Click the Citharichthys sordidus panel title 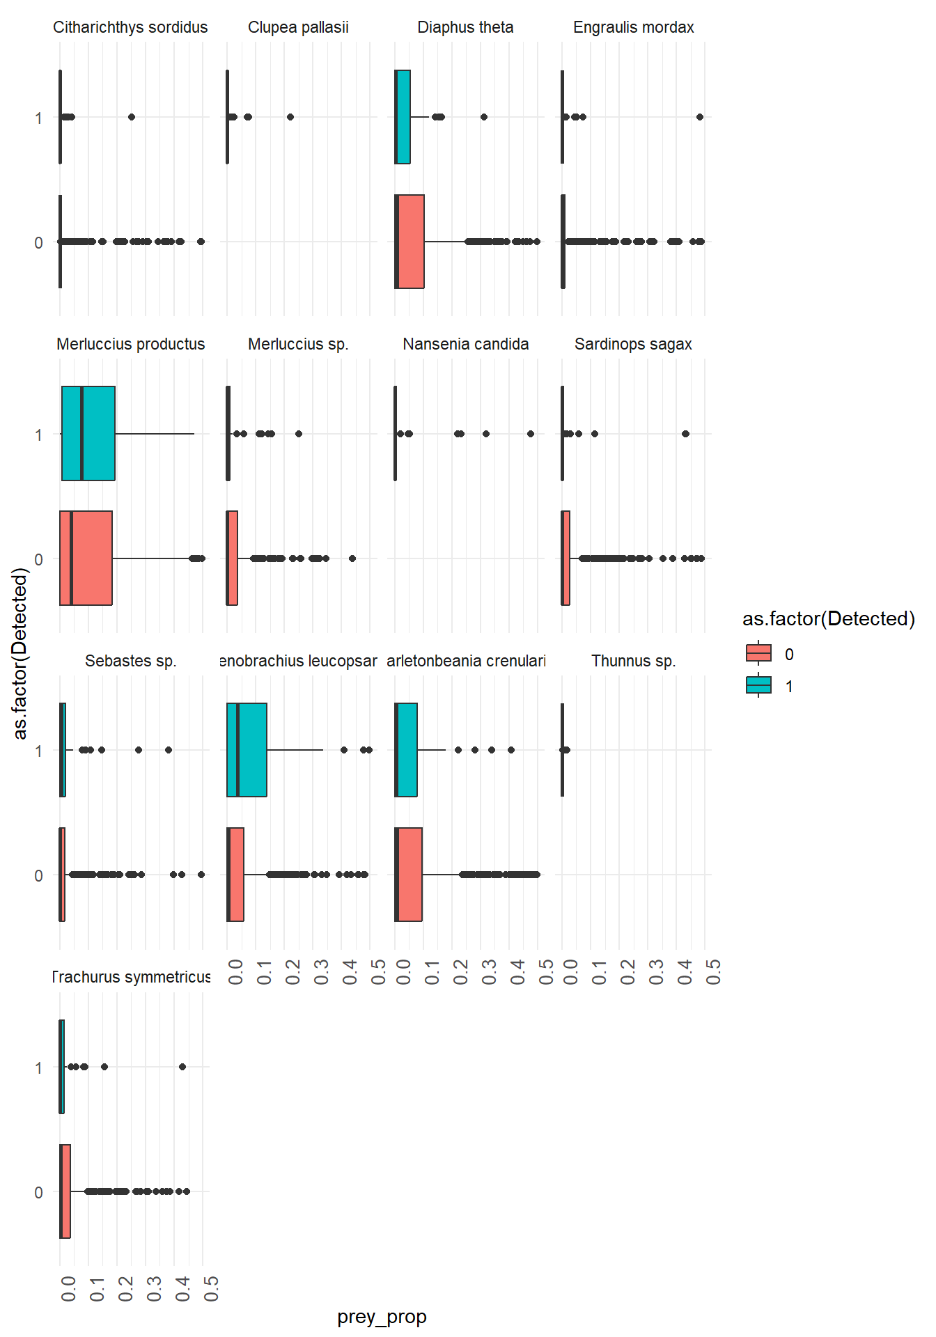(x=130, y=27)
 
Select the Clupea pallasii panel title (x=298, y=27)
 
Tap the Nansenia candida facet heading (x=465, y=344)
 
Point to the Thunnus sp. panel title (x=633, y=661)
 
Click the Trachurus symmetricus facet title (x=131, y=977)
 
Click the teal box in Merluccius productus (x=88, y=433)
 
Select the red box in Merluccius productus (x=86, y=558)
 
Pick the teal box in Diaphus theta (x=403, y=117)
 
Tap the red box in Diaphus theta (x=410, y=242)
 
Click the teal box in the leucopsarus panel (x=247, y=750)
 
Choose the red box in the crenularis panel (x=409, y=875)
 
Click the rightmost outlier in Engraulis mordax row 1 (x=700, y=117)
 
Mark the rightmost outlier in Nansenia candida (x=531, y=434)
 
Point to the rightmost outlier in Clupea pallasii (x=290, y=117)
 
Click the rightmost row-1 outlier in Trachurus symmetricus (x=182, y=1067)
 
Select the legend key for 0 (x=758, y=653)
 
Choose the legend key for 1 (x=758, y=686)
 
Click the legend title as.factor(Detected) (x=828, y=618)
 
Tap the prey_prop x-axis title (x=382, y=1317)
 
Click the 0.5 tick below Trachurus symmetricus (x=211, y=1288)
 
